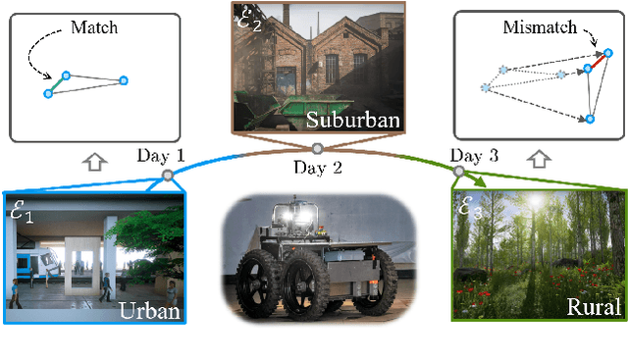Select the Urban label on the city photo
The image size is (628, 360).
pos(149,311)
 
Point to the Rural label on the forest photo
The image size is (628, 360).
pos(594,308)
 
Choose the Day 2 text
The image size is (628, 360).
pos(316,168)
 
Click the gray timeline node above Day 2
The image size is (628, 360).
pos(316,149)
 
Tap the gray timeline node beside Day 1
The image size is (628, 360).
pos(168,175)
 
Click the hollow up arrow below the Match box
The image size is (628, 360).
pos(94,160)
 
